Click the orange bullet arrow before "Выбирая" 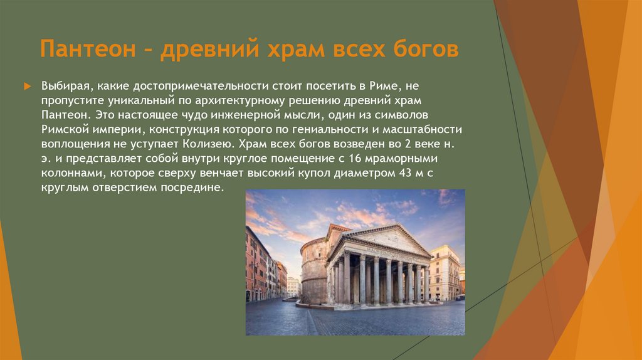(x=27, y=85)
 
